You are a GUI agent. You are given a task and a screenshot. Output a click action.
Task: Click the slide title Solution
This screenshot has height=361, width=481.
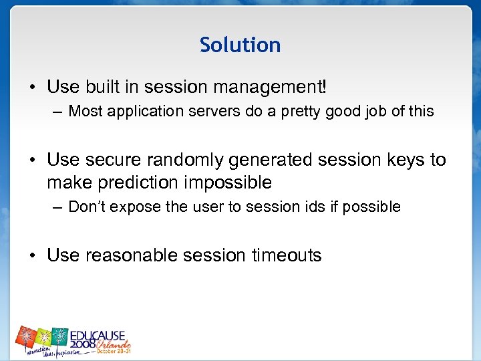click(x=240, y=45)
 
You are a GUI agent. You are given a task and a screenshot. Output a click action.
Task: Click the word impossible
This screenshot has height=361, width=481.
click(x=228, y=182)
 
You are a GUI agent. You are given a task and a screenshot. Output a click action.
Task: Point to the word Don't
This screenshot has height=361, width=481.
click(x=86, y=207)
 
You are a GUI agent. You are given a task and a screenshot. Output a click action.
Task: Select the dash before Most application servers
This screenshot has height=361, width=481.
click(x=59, y=112)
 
